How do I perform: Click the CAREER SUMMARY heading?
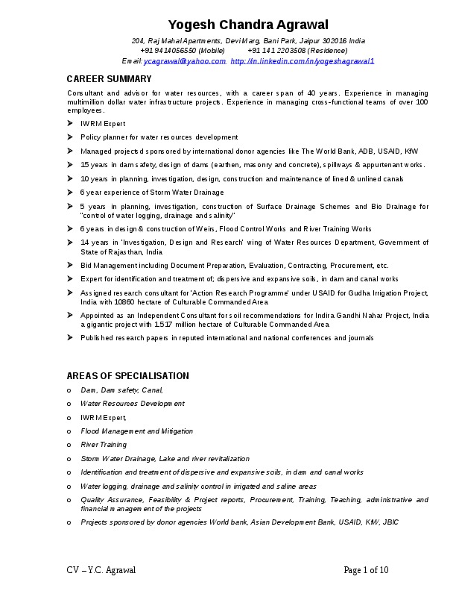point(109,79)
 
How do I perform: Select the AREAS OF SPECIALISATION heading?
point(127,376)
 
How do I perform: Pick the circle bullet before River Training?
point(69,445)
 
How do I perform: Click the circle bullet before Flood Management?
point(69,431)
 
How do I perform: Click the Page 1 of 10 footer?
point(366,571)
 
